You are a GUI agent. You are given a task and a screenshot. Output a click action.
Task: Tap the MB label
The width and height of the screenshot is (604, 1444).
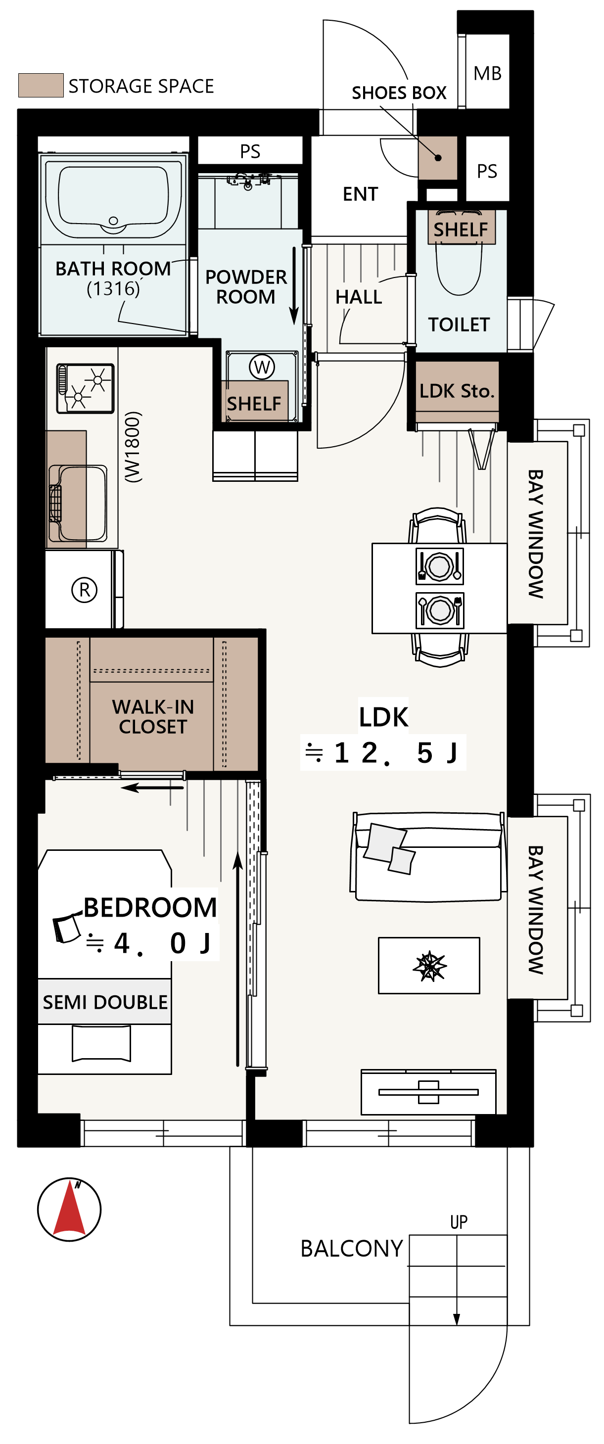pos(487,73)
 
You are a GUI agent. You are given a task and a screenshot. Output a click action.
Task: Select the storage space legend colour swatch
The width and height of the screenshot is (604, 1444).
pos(41,85)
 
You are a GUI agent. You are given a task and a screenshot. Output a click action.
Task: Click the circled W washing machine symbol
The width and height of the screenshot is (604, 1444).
pos(262,367)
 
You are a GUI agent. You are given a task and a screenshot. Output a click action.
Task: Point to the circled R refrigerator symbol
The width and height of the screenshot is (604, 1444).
pos(85,590)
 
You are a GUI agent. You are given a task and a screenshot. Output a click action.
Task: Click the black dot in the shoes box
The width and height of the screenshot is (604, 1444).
pos(438,157)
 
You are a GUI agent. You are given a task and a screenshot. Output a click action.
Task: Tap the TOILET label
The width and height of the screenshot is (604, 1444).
pos(459,325)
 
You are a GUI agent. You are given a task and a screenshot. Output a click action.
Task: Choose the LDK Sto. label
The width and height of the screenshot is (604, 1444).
pos(457,391)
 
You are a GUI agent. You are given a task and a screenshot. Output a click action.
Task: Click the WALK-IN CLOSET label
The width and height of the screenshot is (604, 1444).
pos(153,717)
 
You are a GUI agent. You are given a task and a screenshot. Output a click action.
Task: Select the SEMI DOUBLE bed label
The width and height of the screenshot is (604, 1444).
pos(105,1002)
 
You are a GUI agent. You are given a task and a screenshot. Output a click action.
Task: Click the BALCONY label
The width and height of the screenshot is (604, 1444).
pos(352,1249)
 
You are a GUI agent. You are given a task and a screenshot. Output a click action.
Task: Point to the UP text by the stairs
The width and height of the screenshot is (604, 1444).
pos(459,1221)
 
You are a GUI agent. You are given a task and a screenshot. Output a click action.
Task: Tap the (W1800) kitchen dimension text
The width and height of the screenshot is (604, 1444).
pos(133,447)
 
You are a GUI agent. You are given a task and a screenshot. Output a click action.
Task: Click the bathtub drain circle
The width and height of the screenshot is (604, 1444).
pos(114,221)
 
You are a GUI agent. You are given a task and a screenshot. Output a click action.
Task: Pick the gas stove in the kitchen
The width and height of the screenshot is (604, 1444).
pos(85,388)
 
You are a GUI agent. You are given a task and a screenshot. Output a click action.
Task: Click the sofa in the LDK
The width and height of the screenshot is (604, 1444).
pos(427,856)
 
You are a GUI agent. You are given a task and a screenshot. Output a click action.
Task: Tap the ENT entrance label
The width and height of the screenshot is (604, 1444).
pos(360,194)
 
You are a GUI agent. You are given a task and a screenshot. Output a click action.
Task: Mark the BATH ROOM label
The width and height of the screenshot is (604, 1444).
pos(113,269)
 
